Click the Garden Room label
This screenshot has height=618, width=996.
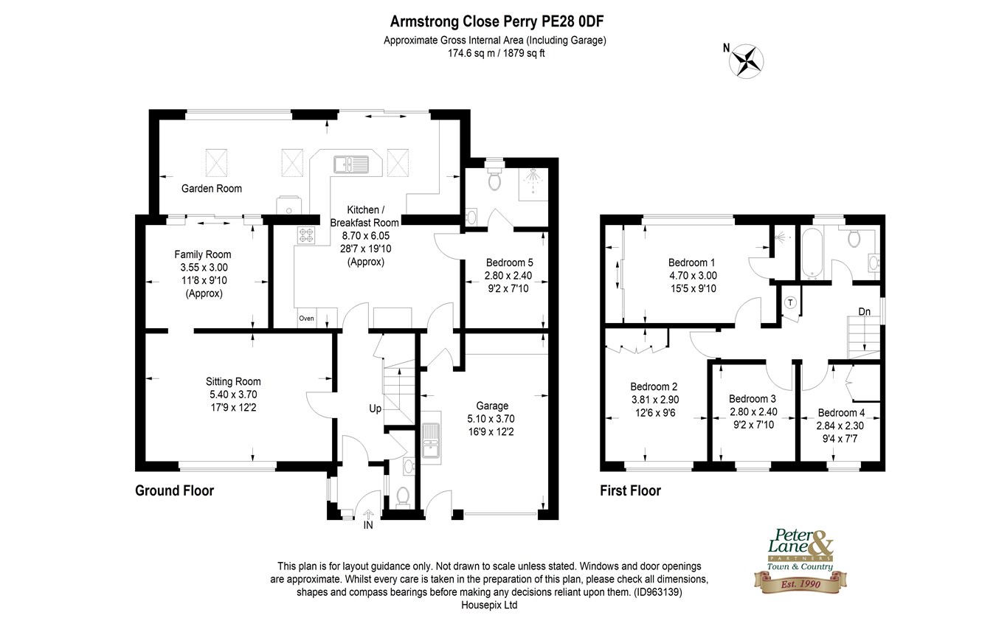[212, 189]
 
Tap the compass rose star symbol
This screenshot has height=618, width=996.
[746, 61]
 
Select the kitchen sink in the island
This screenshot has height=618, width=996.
[351, 164]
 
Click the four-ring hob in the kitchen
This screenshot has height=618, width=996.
[306, 236]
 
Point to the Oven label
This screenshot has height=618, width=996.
[306, 319]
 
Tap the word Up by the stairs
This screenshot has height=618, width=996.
[376, 409]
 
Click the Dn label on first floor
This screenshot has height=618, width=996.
[865, 312]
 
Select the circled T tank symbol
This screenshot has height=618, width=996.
[790, 303]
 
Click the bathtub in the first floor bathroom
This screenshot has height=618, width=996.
[812, 254]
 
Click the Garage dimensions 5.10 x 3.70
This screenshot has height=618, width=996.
[491, 419]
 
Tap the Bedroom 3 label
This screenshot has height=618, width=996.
[753, 399]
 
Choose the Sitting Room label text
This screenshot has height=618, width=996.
[233, 381]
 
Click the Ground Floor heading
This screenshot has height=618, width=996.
[175, 491]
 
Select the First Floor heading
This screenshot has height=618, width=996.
[631, 491]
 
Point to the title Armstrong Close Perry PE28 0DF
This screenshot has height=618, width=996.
[497, 21]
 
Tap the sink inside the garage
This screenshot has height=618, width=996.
[431, 437]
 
